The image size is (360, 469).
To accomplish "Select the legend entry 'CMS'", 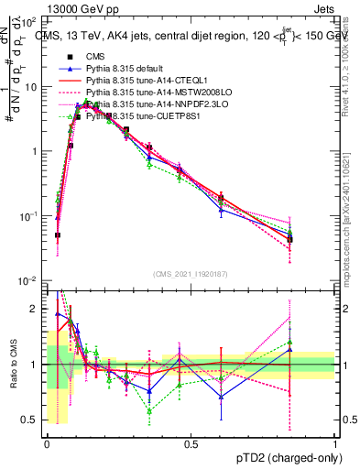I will (95, 57).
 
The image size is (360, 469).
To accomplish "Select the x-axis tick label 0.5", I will (191, 443).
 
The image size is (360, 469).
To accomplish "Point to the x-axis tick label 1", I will (334, 443).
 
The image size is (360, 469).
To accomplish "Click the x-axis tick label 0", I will (47, 443).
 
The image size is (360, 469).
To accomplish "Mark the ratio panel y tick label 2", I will (36, 309).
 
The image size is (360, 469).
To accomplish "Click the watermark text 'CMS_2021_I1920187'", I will (191, 273).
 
